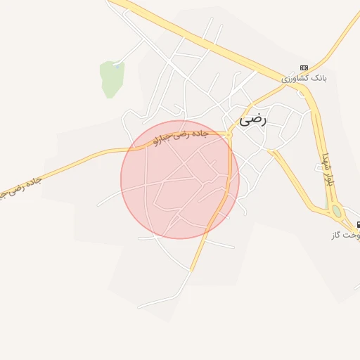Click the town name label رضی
point(254,120)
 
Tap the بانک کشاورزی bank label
point(305,77)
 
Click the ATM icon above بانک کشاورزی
point(304,67)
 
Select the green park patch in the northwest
point(111,78)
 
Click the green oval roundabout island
point(337,211)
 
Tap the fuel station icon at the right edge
point(358,225)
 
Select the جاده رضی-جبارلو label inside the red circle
point(181,137)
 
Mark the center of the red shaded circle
point(180,179)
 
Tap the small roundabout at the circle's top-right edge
point(229,132)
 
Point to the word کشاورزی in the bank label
point(296,79)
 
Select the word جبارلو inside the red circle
point(162,141)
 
